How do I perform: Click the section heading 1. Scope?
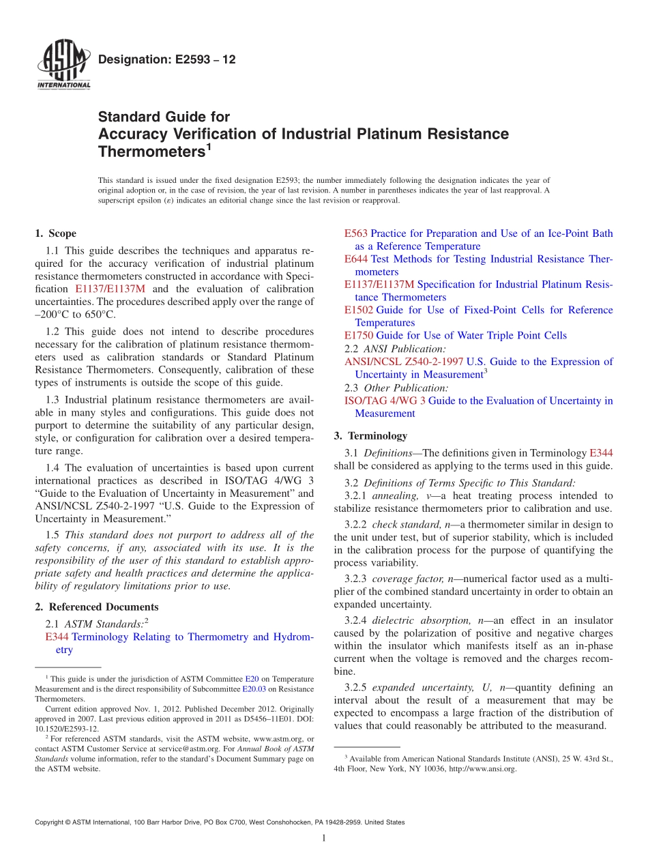click(56, 233)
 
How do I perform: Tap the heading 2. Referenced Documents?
click(97, 607)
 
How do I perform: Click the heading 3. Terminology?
click(370, 435)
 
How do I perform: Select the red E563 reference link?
click(356, 233)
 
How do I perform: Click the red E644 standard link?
click(356, 259)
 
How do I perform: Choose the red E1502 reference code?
click(359, 310)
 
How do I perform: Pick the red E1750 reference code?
click(359, 335)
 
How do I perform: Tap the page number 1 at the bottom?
click(324, 839)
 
